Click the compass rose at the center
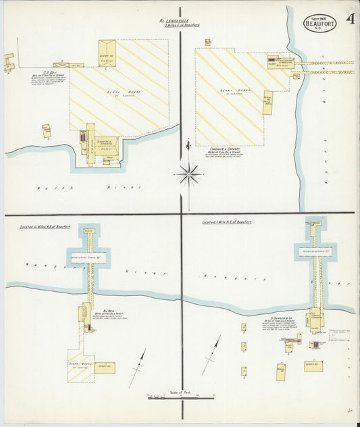coord(190,175)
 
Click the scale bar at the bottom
coord(180,399)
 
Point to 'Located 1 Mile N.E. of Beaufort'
coord(226,222)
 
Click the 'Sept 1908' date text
coord(317,18)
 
